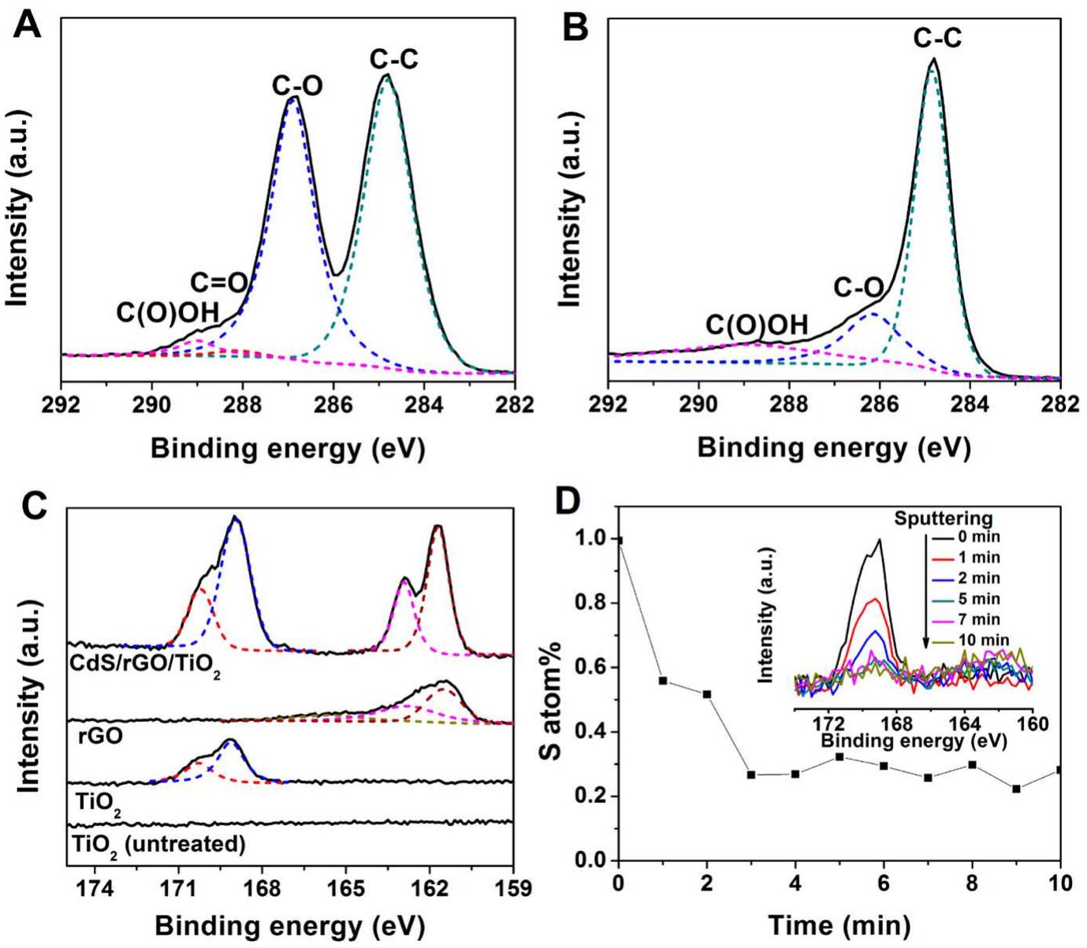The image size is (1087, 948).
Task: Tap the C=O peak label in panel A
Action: [218, 282]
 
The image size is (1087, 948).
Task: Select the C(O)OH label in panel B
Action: [756, 325]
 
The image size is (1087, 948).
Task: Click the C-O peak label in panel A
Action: [297, 85]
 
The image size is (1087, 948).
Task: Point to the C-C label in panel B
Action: [936, 38]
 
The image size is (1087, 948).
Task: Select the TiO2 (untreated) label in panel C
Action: [158, 845]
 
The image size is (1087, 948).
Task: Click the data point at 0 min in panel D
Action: [620, 540]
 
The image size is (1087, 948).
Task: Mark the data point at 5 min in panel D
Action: [839, 757]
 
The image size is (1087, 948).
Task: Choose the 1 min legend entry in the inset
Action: [979, 558]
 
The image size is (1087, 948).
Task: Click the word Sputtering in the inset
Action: [943, 519]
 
